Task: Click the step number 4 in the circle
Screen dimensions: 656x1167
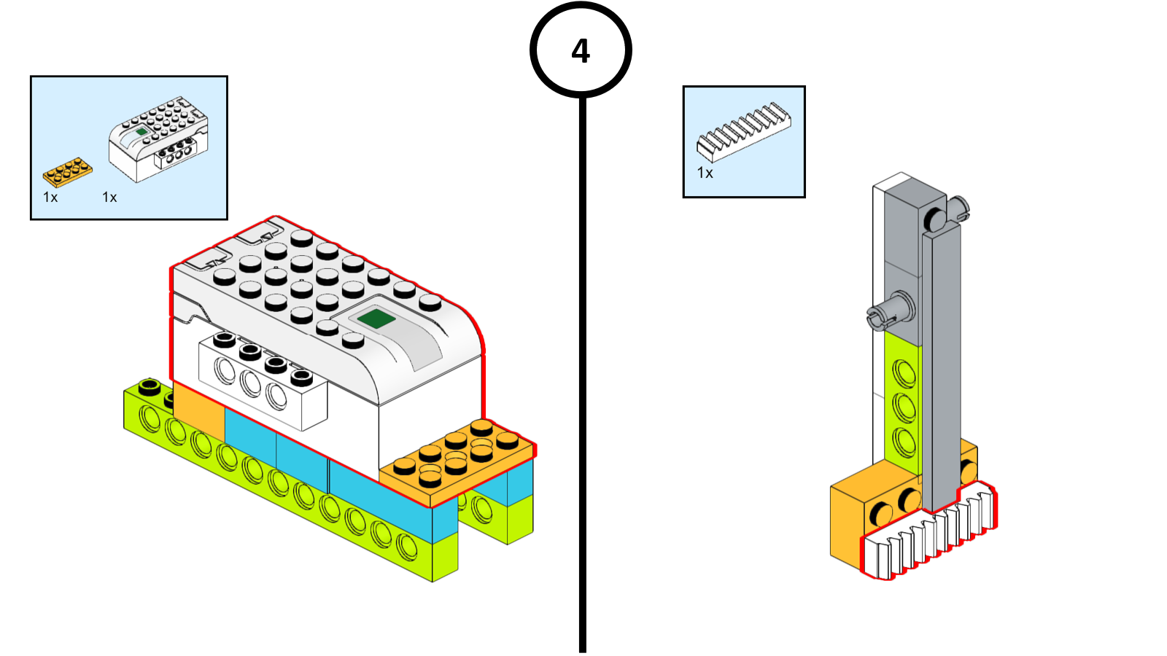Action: point(581,51)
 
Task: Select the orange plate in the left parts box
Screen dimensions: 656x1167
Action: point(67,172)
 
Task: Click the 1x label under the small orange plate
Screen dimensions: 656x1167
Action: point(50,198)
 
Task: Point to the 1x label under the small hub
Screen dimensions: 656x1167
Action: point(109,198)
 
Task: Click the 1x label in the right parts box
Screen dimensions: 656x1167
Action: point(705,173)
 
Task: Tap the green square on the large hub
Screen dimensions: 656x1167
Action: point(376,319)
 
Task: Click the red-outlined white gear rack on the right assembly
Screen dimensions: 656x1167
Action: point(930,536)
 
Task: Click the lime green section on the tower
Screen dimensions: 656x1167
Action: point(903,401)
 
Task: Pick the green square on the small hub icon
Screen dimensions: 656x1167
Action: point(141,131)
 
